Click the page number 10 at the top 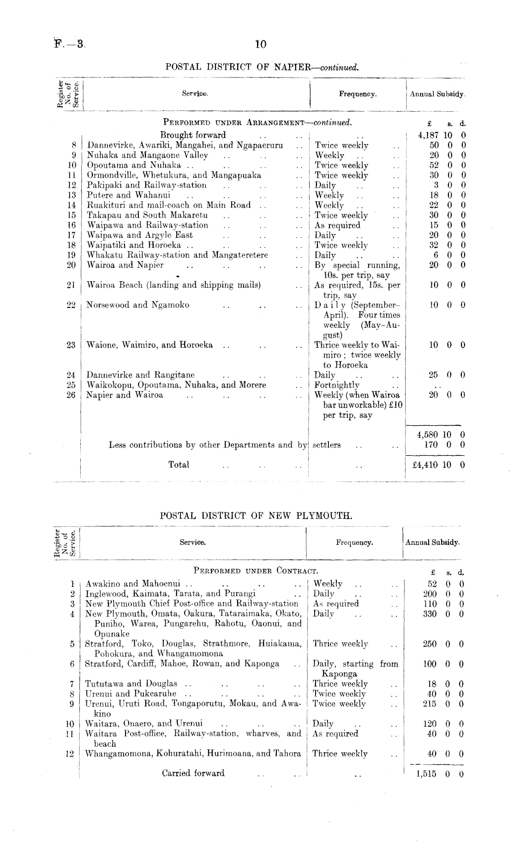pos(260,44)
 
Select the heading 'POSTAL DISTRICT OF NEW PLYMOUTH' pos(256,515)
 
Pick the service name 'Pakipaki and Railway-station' pos(147,185)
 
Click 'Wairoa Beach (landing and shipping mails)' pos(174,285)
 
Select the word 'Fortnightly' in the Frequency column pos(337,385)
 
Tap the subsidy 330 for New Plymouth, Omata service pos(430,614)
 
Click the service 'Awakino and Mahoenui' pos(133,583)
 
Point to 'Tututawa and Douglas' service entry pos(131,683)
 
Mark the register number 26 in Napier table pos(71,395)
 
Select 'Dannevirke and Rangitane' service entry pos(141,375)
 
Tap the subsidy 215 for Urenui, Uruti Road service pos(430,704)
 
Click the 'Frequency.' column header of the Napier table pos(358,94)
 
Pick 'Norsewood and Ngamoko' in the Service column pos(138,305)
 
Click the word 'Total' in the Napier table pos(179,465)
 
